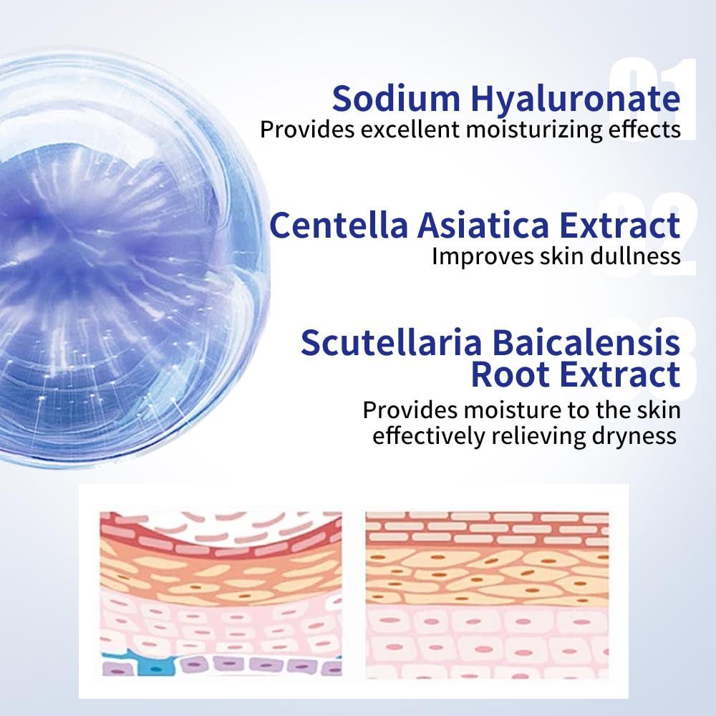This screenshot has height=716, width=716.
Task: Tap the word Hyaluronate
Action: click(x=576, y=100)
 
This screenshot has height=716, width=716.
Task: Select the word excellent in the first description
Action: click(x=410, y=129)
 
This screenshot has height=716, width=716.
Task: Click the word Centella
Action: click(x=339, y=225)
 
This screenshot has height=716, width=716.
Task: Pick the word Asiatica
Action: click(x=483, y=225)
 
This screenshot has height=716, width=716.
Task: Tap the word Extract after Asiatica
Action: click(x=619, y=225)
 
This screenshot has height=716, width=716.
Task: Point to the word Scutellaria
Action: click(x=392, y=342)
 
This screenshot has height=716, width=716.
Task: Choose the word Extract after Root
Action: click(x=619, y=374)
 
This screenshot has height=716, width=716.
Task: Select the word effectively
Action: click(x=429, y=435)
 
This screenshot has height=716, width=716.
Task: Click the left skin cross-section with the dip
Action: click(x=221, y=594)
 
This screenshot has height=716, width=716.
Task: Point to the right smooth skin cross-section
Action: click(x=487, y=595)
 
